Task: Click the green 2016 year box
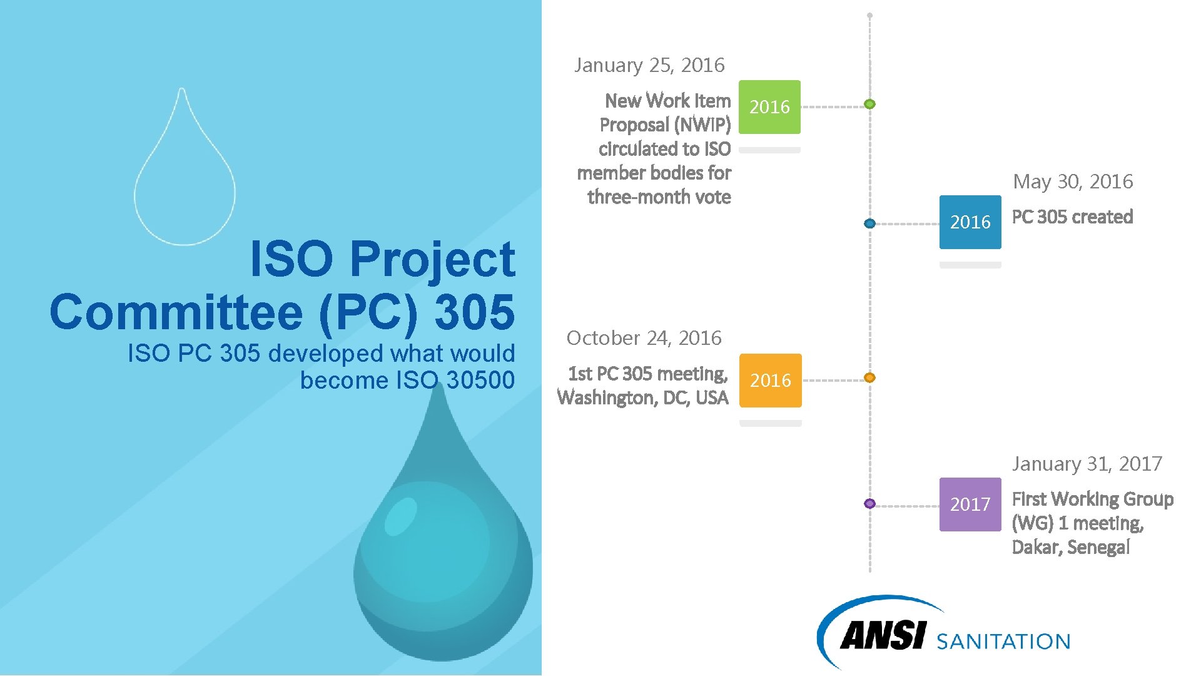coord(769,107)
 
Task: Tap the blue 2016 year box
coord(970,222)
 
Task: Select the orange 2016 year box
coord(770,381)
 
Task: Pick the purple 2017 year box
coord(970,504)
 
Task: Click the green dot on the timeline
coord(869,104)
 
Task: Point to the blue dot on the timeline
coord(869,223)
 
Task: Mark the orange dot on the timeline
coord(869,377)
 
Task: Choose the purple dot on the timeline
coord(869,503)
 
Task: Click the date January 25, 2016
coord(649,65)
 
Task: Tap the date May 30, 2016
coord(1073,182)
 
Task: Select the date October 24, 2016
coord(644,338)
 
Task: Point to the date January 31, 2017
coord(1087,464)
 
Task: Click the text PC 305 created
coord(1072,217)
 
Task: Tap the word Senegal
coord(1098,548)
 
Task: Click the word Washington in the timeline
coord(606,398)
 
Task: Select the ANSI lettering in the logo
coord(882,636)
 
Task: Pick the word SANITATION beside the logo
coord(1003,642)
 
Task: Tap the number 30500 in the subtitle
coord(480,380)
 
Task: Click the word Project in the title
coord(432,259)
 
